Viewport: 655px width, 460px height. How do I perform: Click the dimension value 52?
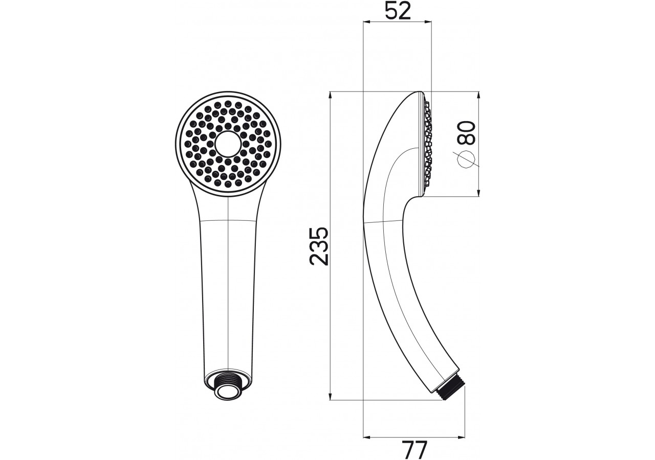398,12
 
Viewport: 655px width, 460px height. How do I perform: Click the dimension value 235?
319,246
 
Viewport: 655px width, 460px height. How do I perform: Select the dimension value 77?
414,450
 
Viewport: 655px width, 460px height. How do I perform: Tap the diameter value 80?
466,133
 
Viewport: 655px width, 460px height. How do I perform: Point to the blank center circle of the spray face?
228,144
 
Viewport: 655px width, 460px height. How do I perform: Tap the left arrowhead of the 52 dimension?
367,21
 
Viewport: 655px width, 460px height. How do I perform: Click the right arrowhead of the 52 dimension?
427,21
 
